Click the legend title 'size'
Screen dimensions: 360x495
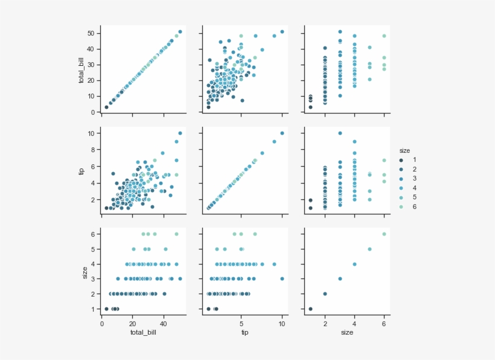click(404, 149)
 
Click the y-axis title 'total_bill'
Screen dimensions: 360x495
click(82, 69)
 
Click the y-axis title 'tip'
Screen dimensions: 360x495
click(82, 171)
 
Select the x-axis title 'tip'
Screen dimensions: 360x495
click(245, 332)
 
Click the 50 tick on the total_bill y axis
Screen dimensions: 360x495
click(91, 32)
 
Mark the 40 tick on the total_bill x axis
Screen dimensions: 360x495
click(163, 323)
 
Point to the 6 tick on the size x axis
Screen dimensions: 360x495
click(384, 323)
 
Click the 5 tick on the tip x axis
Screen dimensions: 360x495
click(241, 323)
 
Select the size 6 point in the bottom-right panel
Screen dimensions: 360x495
click(384, 234)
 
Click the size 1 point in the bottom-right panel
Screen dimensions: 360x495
click(310, 309)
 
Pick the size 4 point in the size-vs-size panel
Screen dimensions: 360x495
click(354, 264)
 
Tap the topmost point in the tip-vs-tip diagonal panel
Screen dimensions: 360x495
click(282, 133)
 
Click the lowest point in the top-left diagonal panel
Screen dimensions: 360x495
click(106, 107)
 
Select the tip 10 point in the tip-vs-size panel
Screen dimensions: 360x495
click(340, 133)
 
